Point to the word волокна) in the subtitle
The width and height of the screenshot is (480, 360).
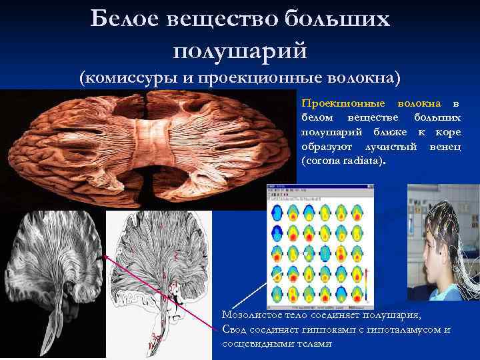pos(365,78)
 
